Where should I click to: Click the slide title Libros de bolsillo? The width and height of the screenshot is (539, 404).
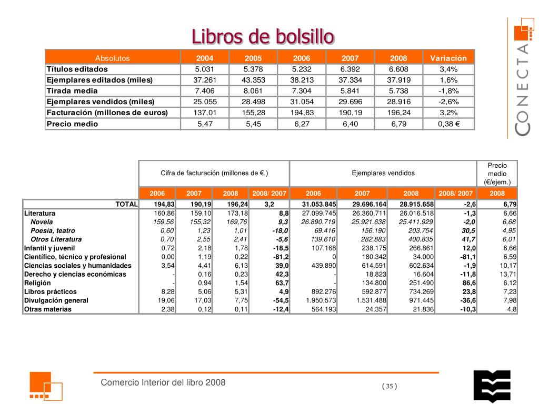click(263, 37)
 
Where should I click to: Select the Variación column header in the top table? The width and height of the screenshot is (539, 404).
click(448, 58)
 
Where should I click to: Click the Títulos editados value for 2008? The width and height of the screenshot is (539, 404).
click(398, 69)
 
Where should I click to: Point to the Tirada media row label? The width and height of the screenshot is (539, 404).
click(68, 91)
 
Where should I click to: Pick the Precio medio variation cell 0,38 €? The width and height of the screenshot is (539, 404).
click(448, 124)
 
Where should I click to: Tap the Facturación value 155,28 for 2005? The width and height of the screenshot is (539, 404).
click(253, 113)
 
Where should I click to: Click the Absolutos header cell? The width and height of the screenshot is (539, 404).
click(112, 58)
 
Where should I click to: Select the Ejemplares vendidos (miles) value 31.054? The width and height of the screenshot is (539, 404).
click(302, 102)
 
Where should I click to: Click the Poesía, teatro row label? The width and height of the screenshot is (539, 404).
click(53, 231)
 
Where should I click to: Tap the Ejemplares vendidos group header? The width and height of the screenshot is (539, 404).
click(383, 173)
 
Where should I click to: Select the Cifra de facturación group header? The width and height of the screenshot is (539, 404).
click(214, 173)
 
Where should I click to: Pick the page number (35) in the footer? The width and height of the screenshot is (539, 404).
click(390, 387)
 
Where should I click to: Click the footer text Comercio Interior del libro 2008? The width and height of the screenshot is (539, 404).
click(163, 383)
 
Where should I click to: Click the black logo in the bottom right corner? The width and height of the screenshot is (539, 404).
click(492, 386)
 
